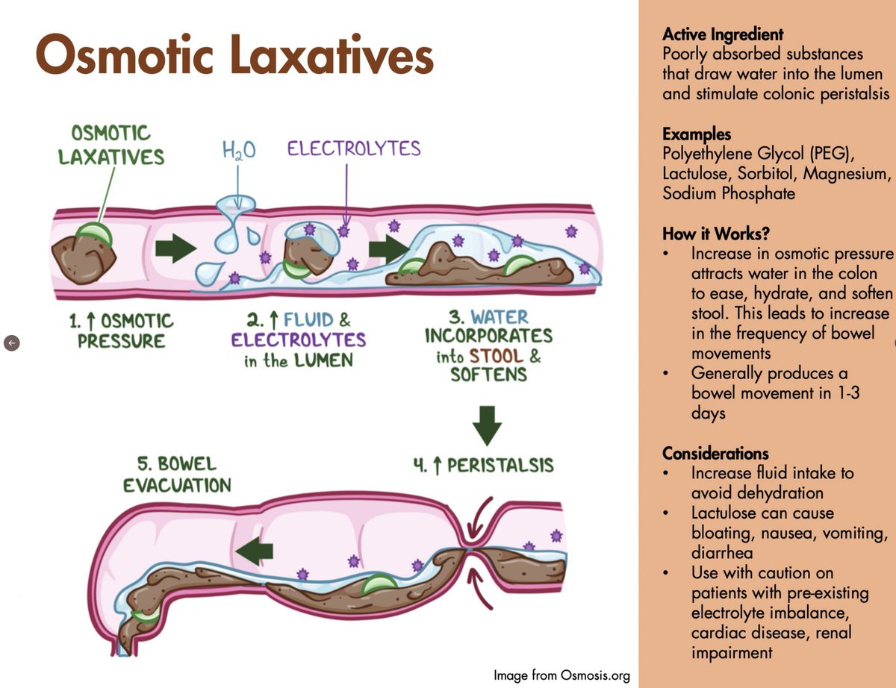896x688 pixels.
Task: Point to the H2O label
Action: coord(239,151)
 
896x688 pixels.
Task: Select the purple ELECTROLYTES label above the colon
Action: coord(354,148)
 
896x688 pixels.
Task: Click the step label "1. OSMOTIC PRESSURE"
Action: coord(121,331)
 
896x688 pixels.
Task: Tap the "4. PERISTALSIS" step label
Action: coord(484,466)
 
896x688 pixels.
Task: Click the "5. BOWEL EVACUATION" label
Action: coord(177,474)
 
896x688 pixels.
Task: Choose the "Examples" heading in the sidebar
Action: coord(696,135)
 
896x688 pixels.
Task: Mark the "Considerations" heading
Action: coord(715,453)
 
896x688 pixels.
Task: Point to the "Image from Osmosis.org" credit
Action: coord(561,675)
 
